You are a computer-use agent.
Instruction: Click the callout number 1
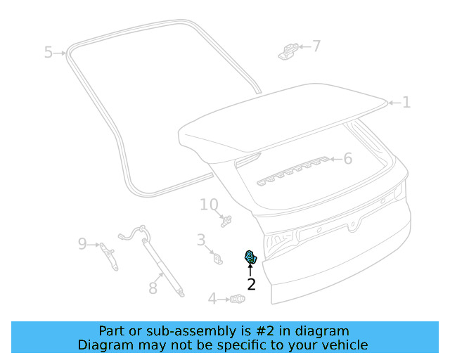(406, 103)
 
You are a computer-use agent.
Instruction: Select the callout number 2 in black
(251, 284)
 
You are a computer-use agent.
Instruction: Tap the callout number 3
(201, 240)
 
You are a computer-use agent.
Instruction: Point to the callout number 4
(212, 299)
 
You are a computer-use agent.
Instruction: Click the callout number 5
(49, 52)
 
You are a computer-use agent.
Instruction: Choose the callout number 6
(347, 159)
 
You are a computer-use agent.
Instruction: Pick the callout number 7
(316, 46)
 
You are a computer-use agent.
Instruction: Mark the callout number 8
(153, 288)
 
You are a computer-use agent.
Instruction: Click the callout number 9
(82, 244)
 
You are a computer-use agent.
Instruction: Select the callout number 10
(209, 205)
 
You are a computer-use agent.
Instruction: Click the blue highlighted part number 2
(250, 257)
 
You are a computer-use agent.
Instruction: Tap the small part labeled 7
(287, 51)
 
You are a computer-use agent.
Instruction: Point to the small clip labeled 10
(226, 221)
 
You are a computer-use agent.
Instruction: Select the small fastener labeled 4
(237, 300)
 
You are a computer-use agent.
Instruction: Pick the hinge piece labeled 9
(109, 255)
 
